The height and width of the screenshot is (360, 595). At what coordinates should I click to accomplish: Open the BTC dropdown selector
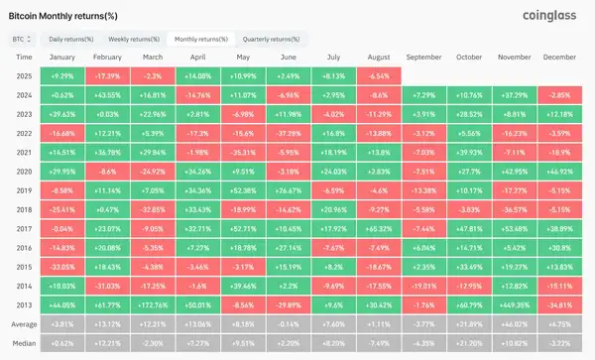coord(21,39)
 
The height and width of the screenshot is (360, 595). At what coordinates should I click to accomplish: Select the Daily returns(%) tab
coord(71,39)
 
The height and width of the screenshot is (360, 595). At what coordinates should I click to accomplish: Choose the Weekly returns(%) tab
coord(135,39)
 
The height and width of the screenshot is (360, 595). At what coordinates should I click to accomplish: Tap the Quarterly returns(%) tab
coord(271,39)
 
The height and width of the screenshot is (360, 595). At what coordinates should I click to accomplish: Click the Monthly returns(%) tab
coord(201,39)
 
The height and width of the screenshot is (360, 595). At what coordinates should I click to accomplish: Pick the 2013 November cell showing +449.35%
coord(515,305)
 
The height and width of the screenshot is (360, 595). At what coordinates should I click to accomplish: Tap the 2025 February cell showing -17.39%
coord(107,75)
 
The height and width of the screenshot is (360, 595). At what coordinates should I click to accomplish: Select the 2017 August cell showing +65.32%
coord(378,228)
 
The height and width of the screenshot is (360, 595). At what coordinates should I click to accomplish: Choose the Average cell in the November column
coord(515,324)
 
